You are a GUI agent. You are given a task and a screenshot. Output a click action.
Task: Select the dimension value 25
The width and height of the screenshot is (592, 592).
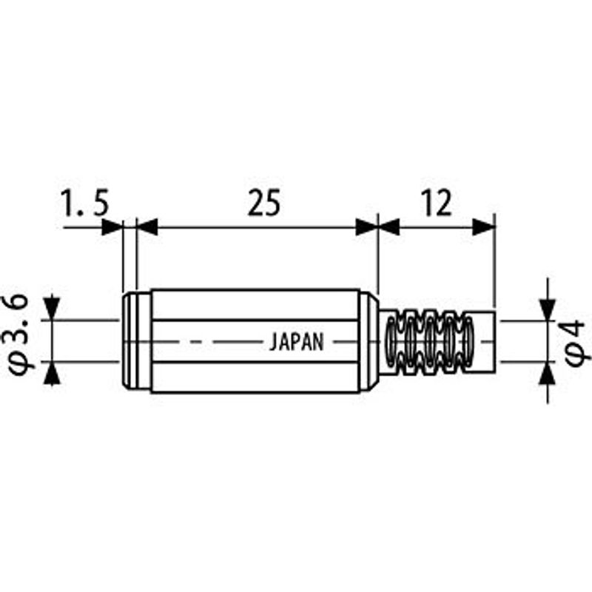coord(264,203)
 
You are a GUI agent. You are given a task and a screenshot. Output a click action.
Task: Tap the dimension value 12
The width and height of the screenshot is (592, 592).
coord(436,203)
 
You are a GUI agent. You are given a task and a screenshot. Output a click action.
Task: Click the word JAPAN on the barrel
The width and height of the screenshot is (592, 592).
coord(297,342)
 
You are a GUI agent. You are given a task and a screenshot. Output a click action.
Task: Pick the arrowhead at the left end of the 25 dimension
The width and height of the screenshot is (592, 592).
coord(147,227)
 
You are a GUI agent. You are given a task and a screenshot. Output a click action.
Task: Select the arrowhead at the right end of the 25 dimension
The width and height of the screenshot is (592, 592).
coord(367,227)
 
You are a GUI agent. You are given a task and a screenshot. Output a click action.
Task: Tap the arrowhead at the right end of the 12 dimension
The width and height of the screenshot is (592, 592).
coord(484,227)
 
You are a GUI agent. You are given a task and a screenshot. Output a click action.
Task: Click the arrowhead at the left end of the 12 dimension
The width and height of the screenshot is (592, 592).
coord(389,227)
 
